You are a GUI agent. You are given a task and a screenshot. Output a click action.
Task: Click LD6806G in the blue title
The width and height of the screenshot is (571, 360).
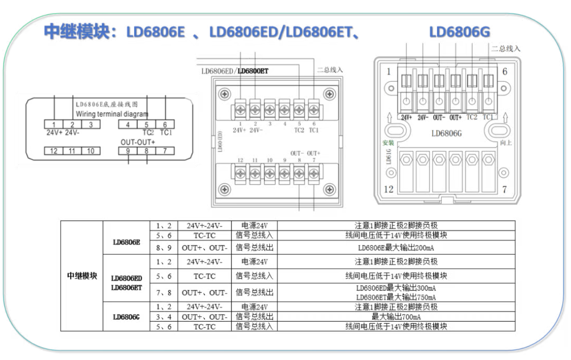click(x=459, y=32)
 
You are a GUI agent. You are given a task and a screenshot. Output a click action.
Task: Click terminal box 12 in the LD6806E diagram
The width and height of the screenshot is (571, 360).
click(x=54, y=151)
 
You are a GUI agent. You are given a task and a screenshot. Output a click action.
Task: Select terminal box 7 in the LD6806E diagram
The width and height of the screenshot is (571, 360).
click(x=165, y=151)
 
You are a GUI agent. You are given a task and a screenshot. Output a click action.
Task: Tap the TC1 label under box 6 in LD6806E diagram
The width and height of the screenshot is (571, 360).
click(x=166, y=133)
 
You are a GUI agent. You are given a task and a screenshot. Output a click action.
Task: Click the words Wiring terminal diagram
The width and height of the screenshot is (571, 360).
click(x=112, y=114)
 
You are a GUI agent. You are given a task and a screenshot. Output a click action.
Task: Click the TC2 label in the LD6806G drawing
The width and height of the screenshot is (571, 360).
click(x=472, y=117)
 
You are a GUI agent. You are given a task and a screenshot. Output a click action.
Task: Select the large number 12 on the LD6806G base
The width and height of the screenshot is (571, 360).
click(x=388, y=189)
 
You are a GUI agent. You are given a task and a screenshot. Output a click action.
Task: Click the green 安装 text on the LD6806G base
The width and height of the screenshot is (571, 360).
click(x=388, y=142)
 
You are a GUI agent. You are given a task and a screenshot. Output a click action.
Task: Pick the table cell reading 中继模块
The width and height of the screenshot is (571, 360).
click(x=82, y=276)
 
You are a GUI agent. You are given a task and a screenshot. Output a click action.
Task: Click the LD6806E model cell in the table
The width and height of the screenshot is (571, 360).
click(x=126, y=242)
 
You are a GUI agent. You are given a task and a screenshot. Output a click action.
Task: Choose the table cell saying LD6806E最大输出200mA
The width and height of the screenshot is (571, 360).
click(x=396, y=248)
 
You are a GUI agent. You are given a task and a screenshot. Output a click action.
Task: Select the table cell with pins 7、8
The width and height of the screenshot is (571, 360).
click(x=164, y=293)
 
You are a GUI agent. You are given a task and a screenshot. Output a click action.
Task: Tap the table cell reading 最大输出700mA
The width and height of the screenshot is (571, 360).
click(x=396, y=317)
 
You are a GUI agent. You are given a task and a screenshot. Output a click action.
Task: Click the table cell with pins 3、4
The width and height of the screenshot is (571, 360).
click(x=164, y=317)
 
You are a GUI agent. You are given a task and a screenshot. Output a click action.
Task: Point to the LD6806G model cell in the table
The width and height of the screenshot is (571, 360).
click(x=126, y=317)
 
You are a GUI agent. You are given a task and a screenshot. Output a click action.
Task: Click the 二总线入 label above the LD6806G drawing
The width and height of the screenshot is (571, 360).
click(x=506, y=49)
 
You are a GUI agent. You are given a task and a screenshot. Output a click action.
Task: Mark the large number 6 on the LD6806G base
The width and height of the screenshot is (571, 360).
click(x=505, y=71)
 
